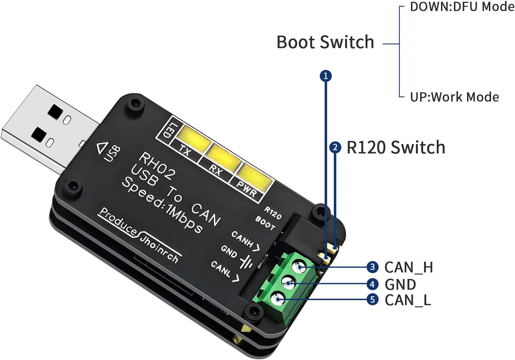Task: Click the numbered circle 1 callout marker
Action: pyautogui.click(x=326, y=76)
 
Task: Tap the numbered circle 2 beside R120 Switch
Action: pyautogui.click(x=335, y=147)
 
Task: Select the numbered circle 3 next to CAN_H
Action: pyautogui.click(x=373, y=267)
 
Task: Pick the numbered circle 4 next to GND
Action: pyautogui.click(x=373, y=284)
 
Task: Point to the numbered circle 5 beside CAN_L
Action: pyautogui.click(x=373, y=300)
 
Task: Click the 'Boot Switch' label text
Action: pyautogui.click(x=325, y=42)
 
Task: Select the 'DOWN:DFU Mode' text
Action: pyautogui.click(x=462, y=7)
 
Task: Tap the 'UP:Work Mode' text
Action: pyautogui.click(x=454, y=97)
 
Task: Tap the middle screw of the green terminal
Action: pyautogui.click(x=289, y=283)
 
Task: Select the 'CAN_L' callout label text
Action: pyautogui.click(x=407, y=300)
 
